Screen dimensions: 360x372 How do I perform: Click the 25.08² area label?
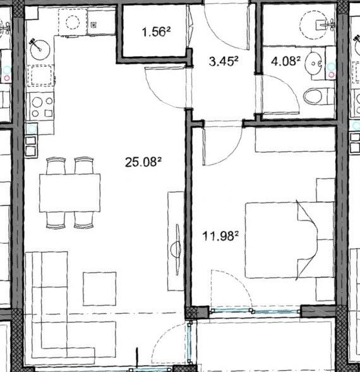(x=143, y=162)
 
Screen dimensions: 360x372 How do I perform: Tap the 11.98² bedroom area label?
(x=220, y=236)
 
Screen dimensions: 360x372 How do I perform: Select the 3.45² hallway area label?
(x=224, y=61)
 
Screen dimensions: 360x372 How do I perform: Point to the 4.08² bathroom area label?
(x=285, y=61)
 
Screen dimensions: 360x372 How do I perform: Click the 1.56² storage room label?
(x=156, y=32)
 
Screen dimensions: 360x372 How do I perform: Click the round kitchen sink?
(x=40, y=50)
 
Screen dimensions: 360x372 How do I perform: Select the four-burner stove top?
(x=42, y=107)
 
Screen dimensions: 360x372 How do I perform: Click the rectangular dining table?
(x=69, y=193)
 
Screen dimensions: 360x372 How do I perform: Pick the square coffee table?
(x=100, y=289)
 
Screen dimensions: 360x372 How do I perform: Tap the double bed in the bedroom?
(x=290, y=240)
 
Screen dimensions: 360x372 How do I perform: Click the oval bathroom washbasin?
(x=314, y=63)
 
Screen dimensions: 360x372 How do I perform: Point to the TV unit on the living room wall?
(x=176, y=241)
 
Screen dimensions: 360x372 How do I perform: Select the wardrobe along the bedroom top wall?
(x=295, y=139)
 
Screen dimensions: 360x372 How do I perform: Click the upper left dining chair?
(x=56, y=165)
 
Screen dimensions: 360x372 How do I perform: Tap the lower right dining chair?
(x=83, y=220)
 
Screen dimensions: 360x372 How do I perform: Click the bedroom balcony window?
(x=255, y=311)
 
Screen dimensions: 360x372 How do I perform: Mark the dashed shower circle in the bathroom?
(x=314, y=25)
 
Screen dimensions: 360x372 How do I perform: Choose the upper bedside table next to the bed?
(x=326, y=190)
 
